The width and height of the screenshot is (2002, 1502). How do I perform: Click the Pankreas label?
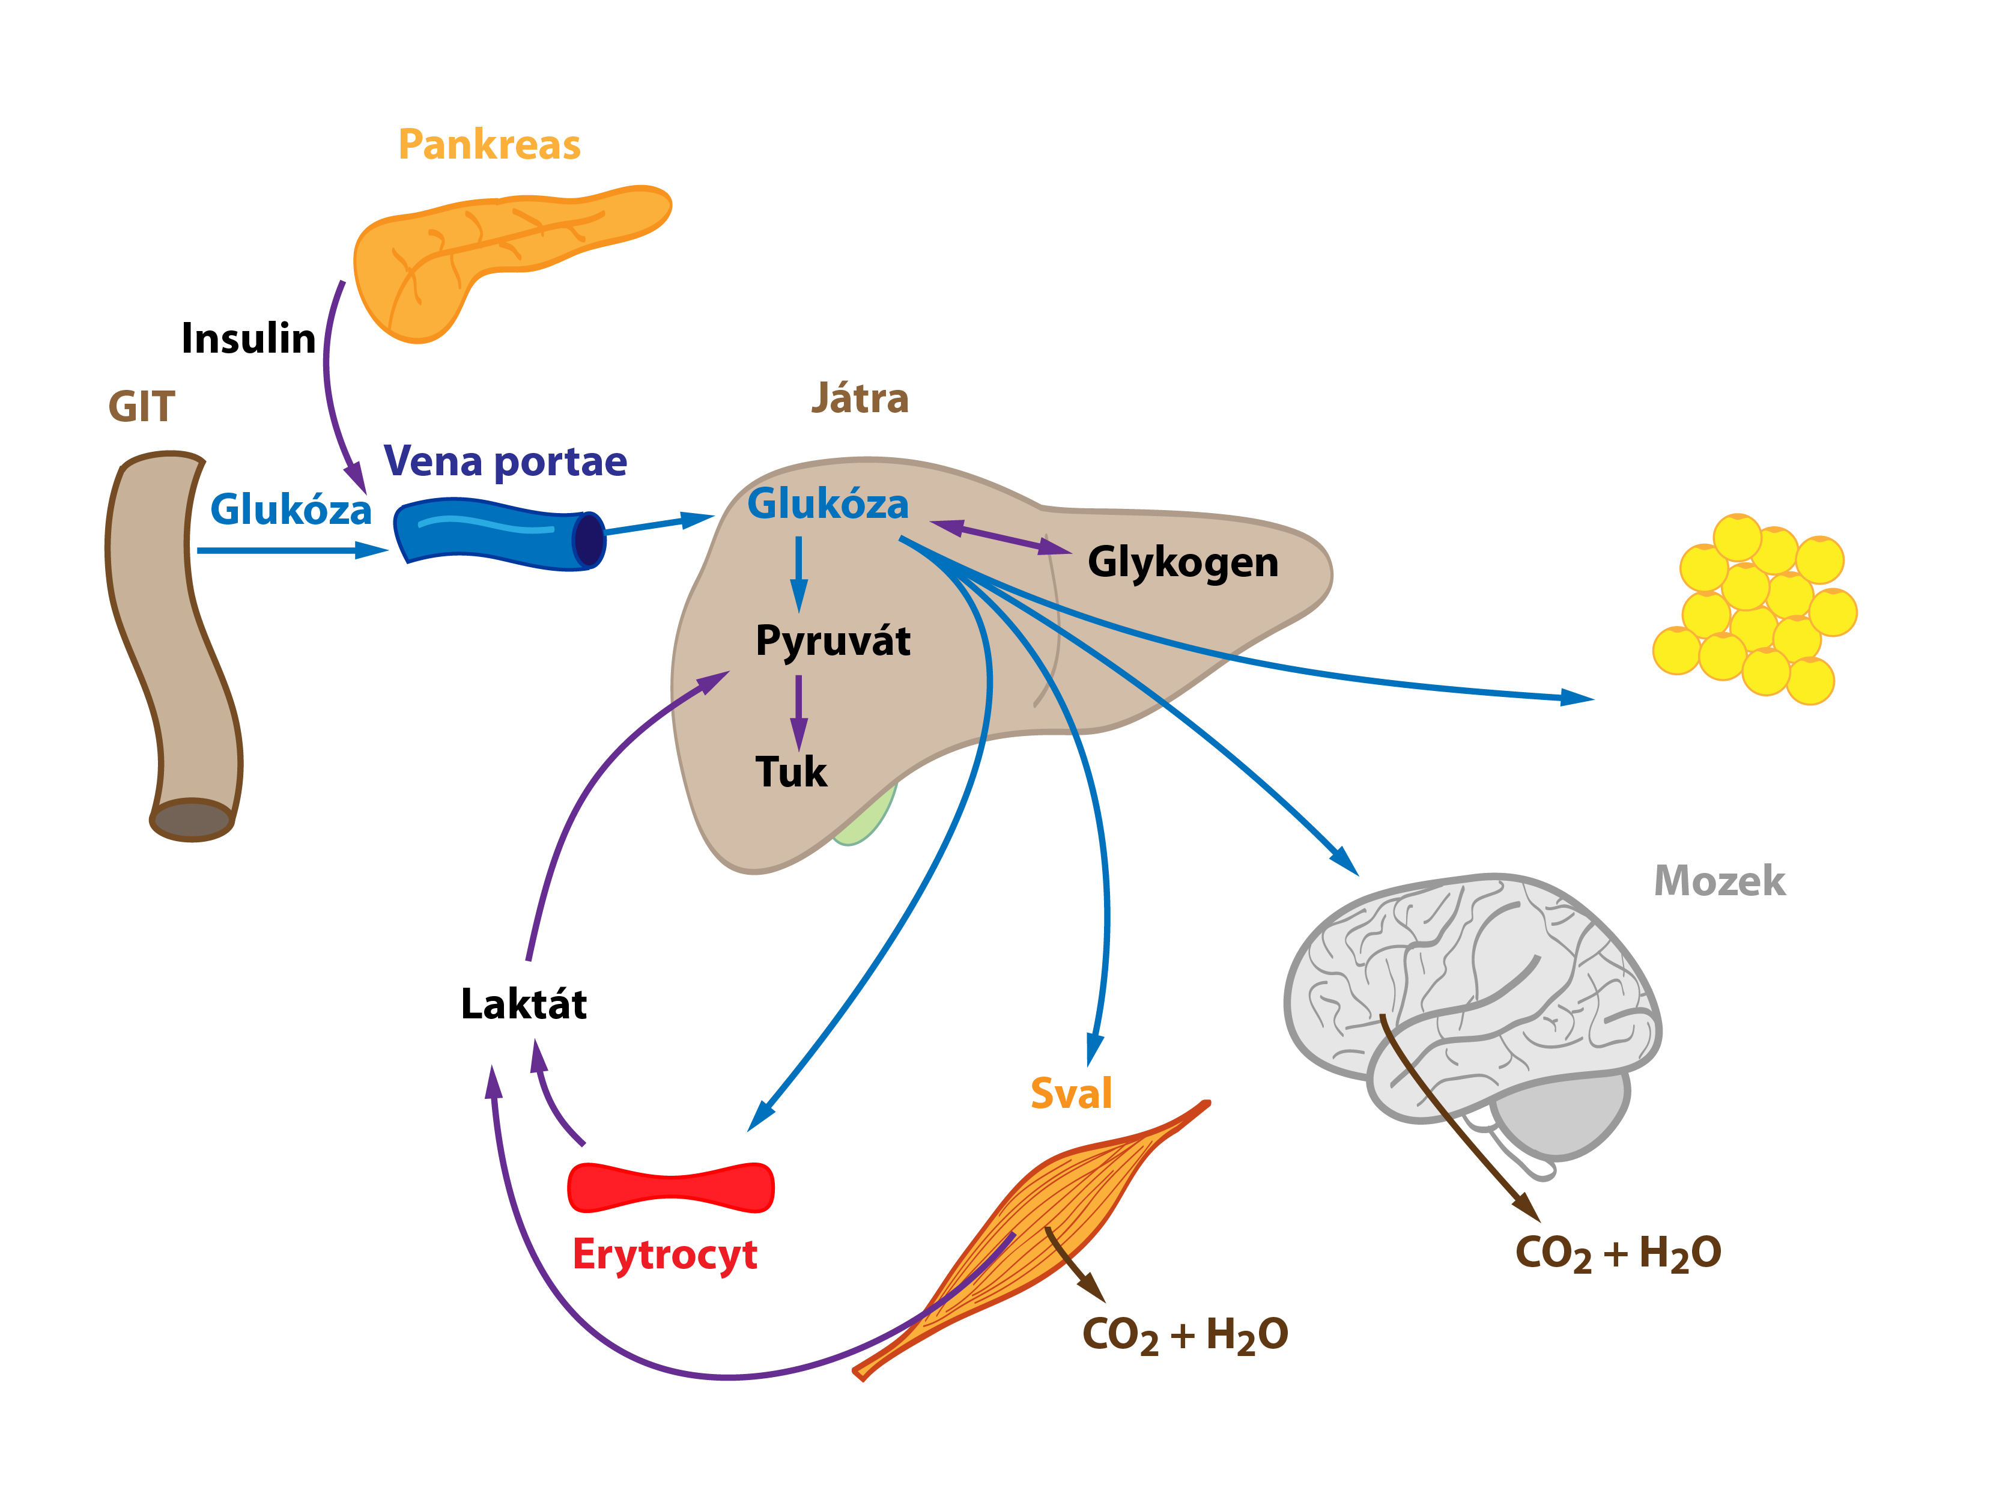pos(489,145)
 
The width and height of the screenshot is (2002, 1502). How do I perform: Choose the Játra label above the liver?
pos(860,398)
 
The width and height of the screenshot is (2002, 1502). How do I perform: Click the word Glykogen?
pos(1183,563)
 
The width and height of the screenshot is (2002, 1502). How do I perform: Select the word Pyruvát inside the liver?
pos(833,642)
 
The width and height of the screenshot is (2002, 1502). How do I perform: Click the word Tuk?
pos(791,772)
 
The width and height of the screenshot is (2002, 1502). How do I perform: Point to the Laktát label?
pos(524,1004)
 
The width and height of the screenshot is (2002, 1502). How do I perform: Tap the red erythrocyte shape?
pos(671,1187)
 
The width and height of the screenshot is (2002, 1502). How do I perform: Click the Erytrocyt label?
pos(665,1256)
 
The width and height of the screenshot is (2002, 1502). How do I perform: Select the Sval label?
pos(1071,1093)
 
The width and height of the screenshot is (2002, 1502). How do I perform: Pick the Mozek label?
pos(1720,881)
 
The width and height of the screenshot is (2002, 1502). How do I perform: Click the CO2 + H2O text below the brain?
pos(1618,1254)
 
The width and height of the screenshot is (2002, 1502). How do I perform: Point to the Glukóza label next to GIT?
pos(291,509)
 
